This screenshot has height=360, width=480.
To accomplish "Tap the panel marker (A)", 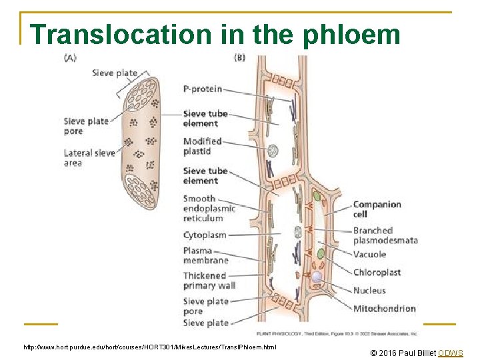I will (70, 58).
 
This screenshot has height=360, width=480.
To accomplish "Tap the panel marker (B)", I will (240, 58).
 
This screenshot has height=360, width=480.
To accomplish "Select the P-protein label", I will (203, 89).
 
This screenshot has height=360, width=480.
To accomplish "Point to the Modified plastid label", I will (202, 146).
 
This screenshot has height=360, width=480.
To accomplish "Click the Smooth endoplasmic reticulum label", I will (209, 208).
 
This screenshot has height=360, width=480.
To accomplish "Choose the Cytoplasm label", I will (205, 235).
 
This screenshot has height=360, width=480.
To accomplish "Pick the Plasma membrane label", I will (206, 255).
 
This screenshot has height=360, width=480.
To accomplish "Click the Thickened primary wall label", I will (209, 281).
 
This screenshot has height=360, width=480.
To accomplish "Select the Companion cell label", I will (377, 209).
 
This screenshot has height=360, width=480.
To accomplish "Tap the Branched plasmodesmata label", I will (385, 235).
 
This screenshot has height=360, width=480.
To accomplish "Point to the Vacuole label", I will (369, 254).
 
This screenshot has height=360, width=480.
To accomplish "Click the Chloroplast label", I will (377, 272).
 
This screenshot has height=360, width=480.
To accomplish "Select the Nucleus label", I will (369, 290).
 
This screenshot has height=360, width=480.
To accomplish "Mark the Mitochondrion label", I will (384, 308).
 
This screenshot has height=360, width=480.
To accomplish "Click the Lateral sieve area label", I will (89, 158).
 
